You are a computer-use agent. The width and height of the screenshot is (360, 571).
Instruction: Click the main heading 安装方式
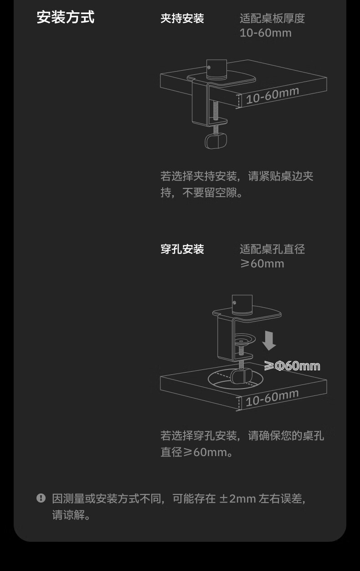tap(66, 17)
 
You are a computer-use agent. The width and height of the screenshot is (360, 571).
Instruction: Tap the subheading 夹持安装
tap(182, 18)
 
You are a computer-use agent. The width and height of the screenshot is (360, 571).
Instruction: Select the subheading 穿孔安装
tap(182, 249)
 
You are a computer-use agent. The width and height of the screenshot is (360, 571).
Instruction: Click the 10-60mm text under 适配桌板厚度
tap(266, 33)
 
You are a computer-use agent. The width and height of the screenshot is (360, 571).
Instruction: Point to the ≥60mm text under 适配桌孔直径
tap(262, 264)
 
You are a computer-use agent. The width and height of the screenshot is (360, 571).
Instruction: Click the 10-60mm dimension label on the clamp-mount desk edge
tap(273, 95)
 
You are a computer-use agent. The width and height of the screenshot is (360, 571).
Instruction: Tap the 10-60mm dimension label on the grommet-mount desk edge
tap(272, 398)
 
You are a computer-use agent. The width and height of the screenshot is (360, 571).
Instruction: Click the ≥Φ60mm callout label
tap(292, 366)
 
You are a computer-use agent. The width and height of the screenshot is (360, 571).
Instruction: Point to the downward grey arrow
tap(269, 341)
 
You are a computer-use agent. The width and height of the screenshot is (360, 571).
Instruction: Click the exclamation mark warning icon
tap(41, 498)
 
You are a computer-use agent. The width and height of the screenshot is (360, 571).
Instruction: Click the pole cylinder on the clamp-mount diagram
tap(216, 69)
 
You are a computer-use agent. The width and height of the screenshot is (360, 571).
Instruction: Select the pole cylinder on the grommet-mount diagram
tap(242, 305)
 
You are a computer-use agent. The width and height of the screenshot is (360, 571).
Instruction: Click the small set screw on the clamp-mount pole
tap(209, 67)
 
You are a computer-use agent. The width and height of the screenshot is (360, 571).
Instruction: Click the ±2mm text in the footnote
tap(237, 498)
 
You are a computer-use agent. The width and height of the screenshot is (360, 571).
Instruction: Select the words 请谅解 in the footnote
tap(68, 515)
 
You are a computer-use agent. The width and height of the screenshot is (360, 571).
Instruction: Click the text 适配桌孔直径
tap(273, 249)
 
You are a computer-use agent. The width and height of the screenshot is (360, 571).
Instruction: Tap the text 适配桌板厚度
tap(273, 18)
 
